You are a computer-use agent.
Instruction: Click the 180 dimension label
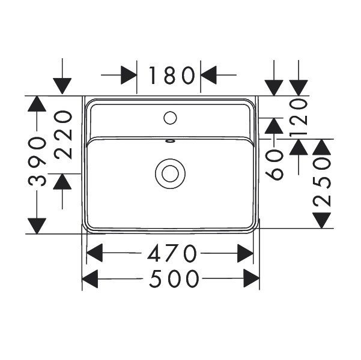click(172, 75)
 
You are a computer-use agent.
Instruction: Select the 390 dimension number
click(37, 161)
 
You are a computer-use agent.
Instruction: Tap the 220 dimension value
click(63, 135)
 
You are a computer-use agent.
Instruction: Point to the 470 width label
click(172, 253)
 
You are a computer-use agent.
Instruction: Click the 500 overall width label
click(174, 279)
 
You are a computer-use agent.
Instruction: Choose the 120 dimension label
click(299, 118)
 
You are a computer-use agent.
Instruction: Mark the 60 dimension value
click(274, 164)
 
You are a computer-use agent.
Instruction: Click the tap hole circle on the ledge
click(170, 118)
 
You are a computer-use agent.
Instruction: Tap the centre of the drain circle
click(170, 173)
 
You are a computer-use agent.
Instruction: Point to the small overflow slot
click(170, 141)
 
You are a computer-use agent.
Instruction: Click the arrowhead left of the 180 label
click(129, 75)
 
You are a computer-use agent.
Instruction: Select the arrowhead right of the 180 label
click(208, 75)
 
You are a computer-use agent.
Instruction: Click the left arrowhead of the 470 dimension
click(94, 253)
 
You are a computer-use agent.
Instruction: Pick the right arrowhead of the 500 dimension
click(252, 278)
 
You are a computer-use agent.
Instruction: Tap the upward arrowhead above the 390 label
click(37, 104)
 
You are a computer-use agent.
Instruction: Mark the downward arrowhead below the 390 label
click(37, 226)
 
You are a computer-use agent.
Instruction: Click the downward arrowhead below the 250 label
click(321, 220)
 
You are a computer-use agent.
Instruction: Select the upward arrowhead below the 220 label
click(62, 182)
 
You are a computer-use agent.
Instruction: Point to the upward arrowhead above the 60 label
click(274, 126)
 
